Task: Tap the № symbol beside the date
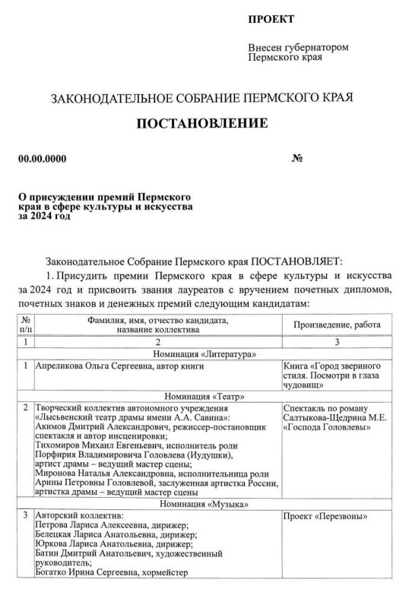[x=298, y=159]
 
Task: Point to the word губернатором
[x=316, y=47]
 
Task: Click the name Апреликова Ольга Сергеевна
[x=94, y=367]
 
